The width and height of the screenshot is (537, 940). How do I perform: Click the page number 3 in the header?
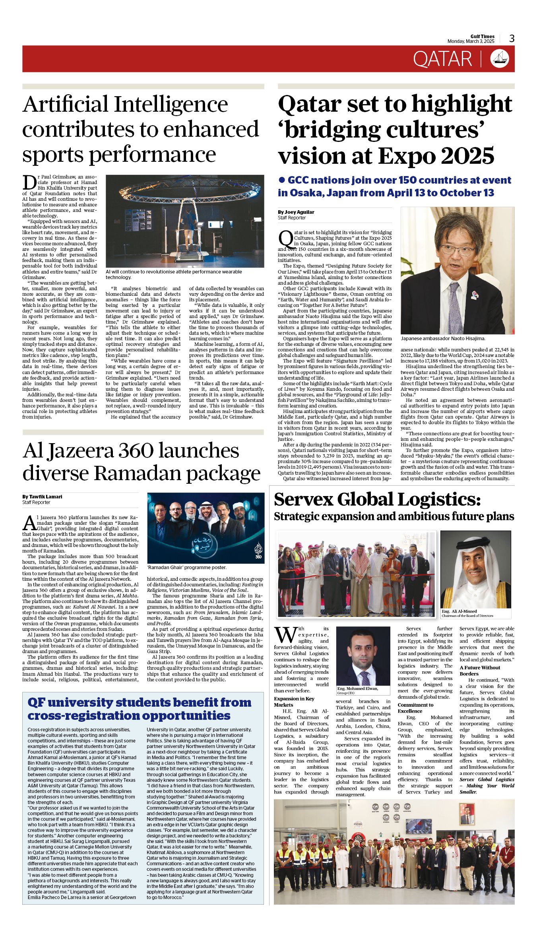[x=512, y=39]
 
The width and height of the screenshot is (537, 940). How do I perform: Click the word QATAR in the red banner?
[x=442, y=59]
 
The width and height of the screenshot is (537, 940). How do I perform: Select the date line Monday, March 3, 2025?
[x=471, y=41]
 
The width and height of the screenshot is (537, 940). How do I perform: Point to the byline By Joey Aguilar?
[x=296, y=212]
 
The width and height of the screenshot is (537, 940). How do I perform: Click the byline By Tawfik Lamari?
[x=42, y=496]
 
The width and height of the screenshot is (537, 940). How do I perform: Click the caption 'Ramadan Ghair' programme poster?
[x=186, y=567]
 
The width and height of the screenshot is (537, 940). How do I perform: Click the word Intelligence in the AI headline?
[x=171, y=105]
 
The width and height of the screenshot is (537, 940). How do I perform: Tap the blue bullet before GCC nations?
[x=282, y=180]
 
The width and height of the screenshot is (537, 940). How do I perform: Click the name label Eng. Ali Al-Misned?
[x=459, y=611]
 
